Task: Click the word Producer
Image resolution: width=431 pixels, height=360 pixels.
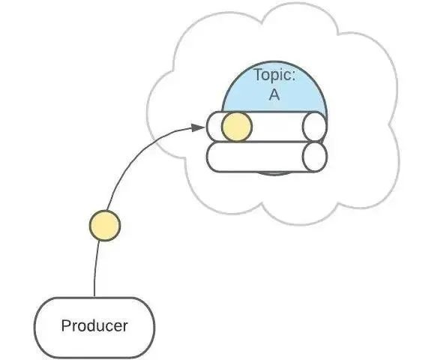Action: (x=94, y=326)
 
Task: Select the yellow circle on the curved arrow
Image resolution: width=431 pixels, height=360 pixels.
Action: (x=104, y=225)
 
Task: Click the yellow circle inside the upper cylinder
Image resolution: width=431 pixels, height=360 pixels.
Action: (x=237, y=127)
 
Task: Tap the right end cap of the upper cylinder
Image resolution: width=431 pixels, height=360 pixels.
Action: (x=315, y=127)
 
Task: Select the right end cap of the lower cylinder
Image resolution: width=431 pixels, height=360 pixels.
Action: (x=315, y=157)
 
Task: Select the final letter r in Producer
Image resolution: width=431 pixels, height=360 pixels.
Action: (x=124, y=327)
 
